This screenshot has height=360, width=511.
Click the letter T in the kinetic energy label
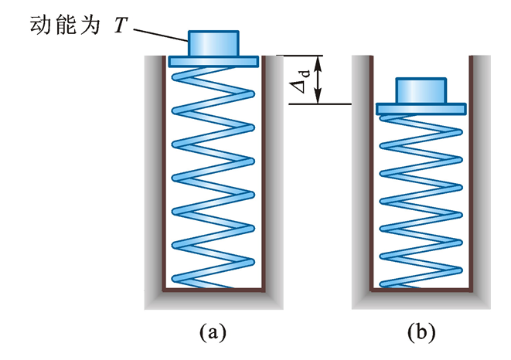point(121,25)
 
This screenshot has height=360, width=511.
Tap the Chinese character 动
point(39,25)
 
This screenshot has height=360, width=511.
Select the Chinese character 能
point(66,25)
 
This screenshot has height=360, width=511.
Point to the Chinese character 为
point(90,25)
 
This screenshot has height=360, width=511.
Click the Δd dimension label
point(301,81)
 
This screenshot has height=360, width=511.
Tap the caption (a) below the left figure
point(213,332)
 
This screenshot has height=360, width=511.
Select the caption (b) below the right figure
point(421,332)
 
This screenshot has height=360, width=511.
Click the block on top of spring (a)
point(213,43)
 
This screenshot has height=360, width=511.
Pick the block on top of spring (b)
point(421,91)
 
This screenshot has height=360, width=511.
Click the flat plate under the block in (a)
point(213,61)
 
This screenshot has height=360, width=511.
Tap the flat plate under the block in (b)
point(421,109)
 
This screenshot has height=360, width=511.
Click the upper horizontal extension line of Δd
point(299,56)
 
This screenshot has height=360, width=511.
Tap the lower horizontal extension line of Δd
point(320,104)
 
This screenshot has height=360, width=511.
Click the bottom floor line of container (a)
point(213,290)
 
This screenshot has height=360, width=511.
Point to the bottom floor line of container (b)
point(421,290)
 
